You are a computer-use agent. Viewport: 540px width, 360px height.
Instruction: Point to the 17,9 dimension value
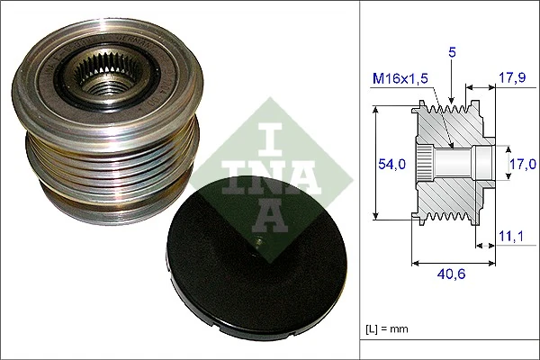[x=511, y=78]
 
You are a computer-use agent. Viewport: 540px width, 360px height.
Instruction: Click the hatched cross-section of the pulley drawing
[x=450, y=193]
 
